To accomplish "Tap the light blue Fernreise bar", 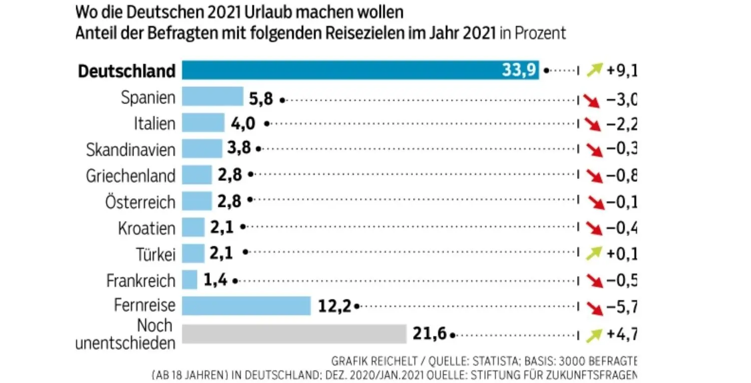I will pos(246,306).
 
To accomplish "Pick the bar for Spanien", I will pos(212,97).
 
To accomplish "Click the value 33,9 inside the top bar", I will pos(520,71).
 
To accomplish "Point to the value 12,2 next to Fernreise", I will pos(334,306).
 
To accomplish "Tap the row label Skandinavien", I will pos(131,149).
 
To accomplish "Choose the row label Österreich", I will pos(140,202).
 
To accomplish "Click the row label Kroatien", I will pos(147,228).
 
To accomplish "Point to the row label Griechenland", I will pos(131,176).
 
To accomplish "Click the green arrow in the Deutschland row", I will pos(594,71).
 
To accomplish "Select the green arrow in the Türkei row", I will pos(594,254).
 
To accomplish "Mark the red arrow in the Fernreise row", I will pos(594,306).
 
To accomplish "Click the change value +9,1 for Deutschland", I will pos(621,71).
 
